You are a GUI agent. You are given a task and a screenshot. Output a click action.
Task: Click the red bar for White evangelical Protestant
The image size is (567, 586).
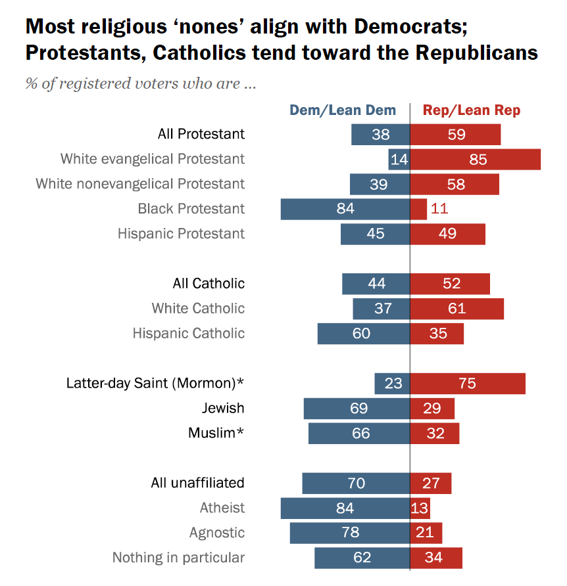pyautogui.click(x=475, y=160)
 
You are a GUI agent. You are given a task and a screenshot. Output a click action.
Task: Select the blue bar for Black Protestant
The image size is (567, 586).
pyautogui.click(x=345, y=209)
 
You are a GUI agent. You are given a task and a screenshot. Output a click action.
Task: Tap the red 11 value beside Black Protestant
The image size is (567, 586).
pyautogui.click(x=439, y=209)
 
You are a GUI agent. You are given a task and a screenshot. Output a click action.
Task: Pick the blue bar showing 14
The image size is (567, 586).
pyautogui.click(x=399, y=160)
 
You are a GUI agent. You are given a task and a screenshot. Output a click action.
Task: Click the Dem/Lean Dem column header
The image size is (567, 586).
pyautogui.click(x=343, y=110)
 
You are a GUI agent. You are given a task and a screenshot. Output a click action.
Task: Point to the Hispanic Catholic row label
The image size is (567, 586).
pyautogui.click(x=188, y=334)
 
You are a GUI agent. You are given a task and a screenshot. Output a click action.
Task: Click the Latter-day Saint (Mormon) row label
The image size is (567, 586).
pyautogui.click(x=155, y=383)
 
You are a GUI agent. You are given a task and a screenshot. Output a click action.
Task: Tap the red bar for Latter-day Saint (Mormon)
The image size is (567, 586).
pyautogui.click(x=468, y=384)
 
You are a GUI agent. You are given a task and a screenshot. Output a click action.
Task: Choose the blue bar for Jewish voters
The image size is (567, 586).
pyautogui.click(x=357, y=409)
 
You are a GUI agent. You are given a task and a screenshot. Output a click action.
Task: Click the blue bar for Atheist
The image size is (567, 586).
pyautogui.click(x=345, y=508)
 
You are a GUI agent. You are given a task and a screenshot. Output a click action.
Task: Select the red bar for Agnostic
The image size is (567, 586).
pyautogui.click(x=426, y=533)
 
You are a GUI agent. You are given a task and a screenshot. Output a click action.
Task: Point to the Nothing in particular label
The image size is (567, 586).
pyautogui.click(x=178, y=558)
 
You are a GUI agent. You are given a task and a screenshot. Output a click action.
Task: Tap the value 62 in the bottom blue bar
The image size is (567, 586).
pyautogui.click(x=362, y=558)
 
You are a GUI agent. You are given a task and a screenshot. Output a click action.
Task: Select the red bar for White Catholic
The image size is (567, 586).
pyautogui.click(x=456, y=309)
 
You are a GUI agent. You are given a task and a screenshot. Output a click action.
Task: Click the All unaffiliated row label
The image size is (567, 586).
pyautogui.click(x=197, y=483)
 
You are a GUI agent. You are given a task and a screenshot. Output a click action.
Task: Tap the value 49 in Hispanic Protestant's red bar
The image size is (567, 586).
pyautogui.click(x=447, y=235)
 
